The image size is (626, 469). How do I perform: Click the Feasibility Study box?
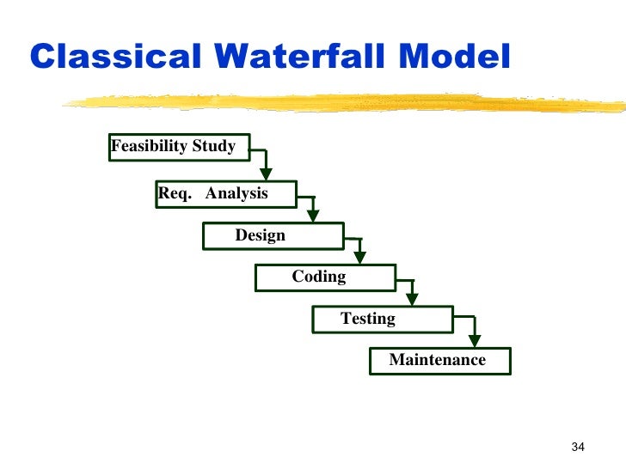click(179, 147)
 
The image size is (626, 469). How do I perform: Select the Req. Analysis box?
click(226, 194)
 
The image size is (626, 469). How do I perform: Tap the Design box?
click(273, 235)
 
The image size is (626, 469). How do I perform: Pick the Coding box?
click(325, 277)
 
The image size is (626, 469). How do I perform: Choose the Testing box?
click(382, 320)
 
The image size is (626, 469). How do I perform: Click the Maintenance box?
click(439, 361)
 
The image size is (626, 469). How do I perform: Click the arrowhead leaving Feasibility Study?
click(267, 174)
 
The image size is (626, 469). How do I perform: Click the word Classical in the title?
click(115, 57)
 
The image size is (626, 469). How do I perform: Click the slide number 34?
click(577, 447)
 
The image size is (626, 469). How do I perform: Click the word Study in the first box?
click(214, 147)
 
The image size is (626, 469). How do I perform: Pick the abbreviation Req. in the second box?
click(175, 194)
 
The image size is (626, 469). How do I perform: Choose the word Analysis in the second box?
click(236, 194)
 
